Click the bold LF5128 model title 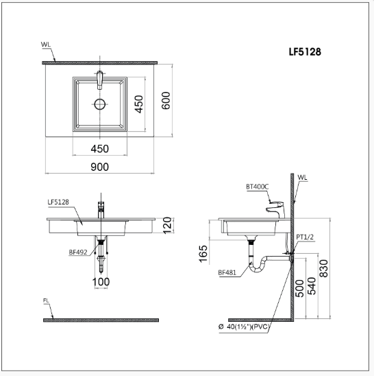pos(305,51)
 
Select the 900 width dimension pos(99,167)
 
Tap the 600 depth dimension pos(166,101)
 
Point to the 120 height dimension pos(167,226)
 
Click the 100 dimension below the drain pos(101,282)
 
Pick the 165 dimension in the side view pos(203,254)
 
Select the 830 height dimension pos(324,268)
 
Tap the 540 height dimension pos(312,286)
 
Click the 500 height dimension pos(299,288)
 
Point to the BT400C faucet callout pos(258,187)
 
